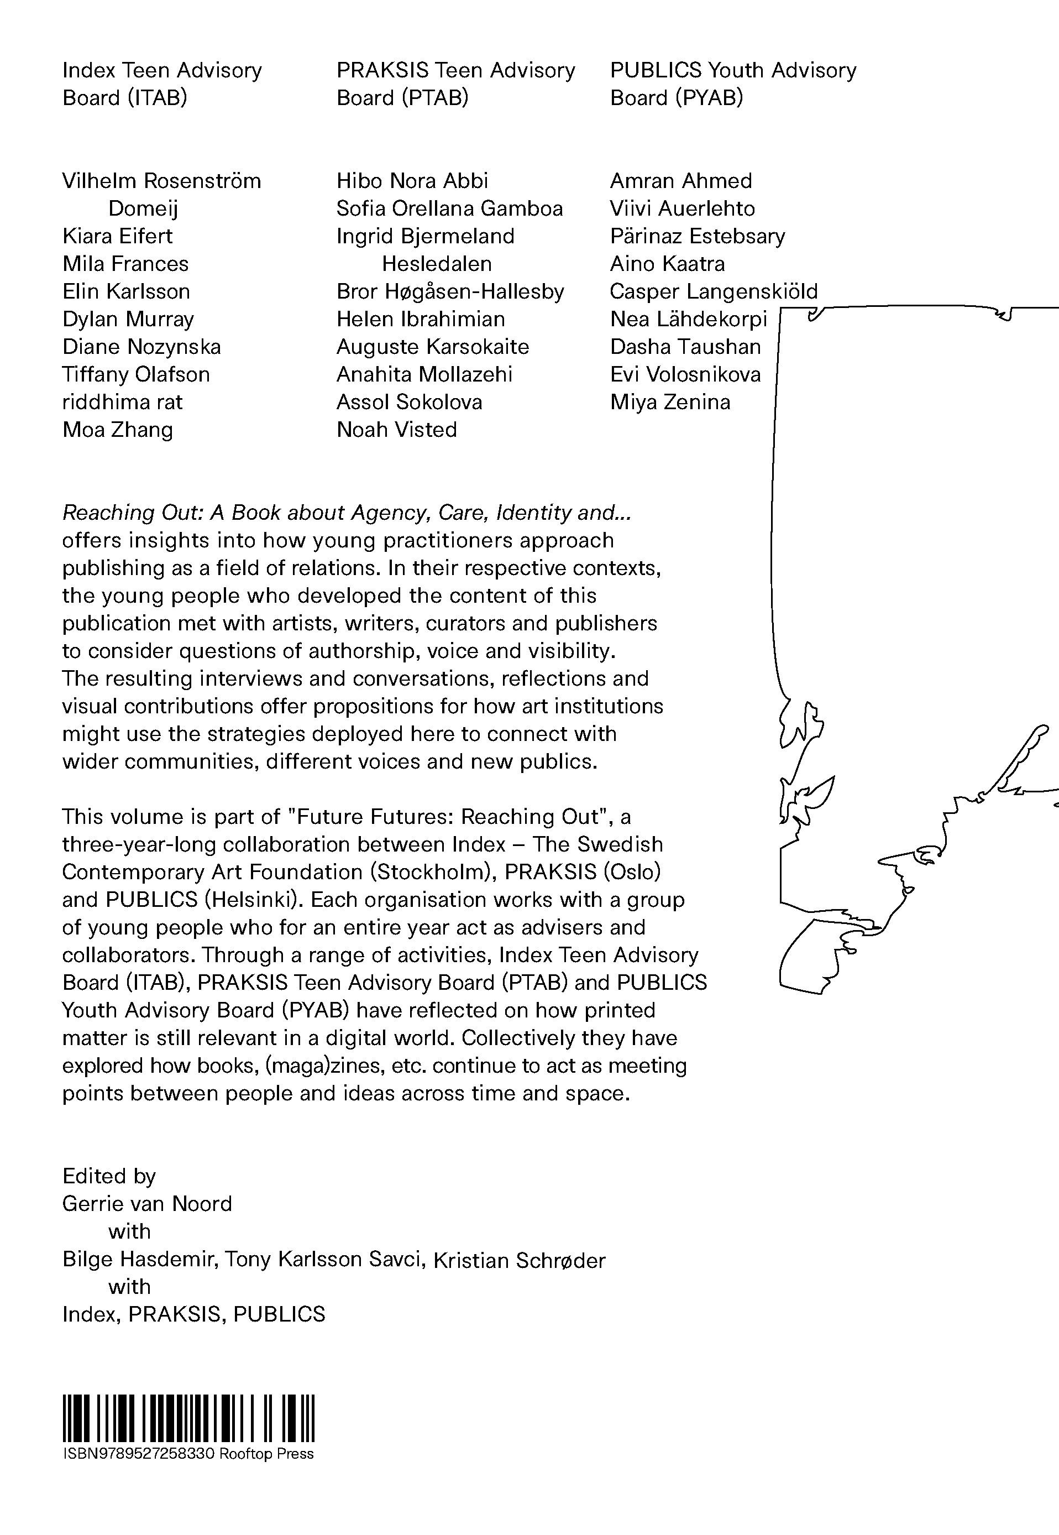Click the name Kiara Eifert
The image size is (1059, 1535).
pyautogui.click(x=117, y=236)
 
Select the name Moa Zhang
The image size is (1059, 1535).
pyautogui.click(x=117, y=430)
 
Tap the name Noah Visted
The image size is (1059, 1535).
pyautogui.click(x=396, y=430)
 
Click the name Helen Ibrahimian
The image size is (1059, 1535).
pyautogui.click(x=420, y=319)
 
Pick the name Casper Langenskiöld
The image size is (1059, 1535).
pyautogui.click(x=714, y=291)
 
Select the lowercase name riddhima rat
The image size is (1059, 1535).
pyautogui.click(x=122, y=402)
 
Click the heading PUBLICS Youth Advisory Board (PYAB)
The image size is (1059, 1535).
pyautogui.click(x=732, y=83)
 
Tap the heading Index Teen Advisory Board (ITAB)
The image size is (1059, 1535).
pyautogui.click(x=161, y=83)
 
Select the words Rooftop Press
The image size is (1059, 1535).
pyautogui.click(x=266, y=1454)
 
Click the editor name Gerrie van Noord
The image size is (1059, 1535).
pyautogui.click(x=146, y=1204)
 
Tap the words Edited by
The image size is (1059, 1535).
pyautogui.click(x=109, y=1176)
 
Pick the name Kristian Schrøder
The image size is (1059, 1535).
pyautogui.click(x=519, y=1260)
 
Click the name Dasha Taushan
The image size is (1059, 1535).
pyautogui.click(x=685, y=347)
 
